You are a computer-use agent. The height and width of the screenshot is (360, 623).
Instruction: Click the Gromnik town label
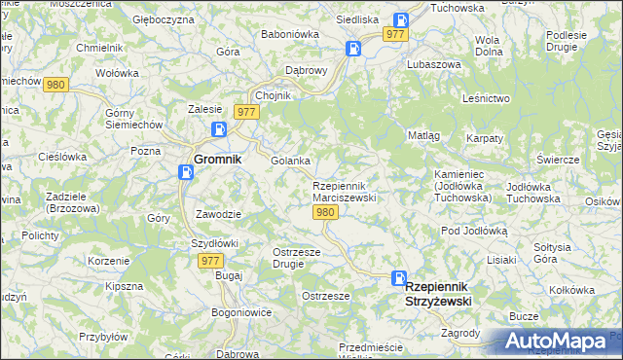(x=217, y=159)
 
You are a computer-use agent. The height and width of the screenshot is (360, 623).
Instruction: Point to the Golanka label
(x=290, y=161)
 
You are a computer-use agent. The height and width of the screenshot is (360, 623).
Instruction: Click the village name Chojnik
(x=273, y=95)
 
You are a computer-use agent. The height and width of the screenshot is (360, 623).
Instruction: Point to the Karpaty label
(x=484, y=138)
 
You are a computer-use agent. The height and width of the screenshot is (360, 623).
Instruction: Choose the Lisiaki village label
(x=501, y=260)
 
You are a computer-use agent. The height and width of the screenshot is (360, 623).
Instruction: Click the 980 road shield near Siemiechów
(x=56, y=85)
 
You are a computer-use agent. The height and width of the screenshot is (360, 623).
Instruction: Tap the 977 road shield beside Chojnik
(x=246, y=112)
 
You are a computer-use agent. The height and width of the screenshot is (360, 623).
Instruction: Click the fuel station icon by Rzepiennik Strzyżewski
(x=399, y=277)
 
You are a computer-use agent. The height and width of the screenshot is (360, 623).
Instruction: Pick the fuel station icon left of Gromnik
(x=186, y=172)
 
